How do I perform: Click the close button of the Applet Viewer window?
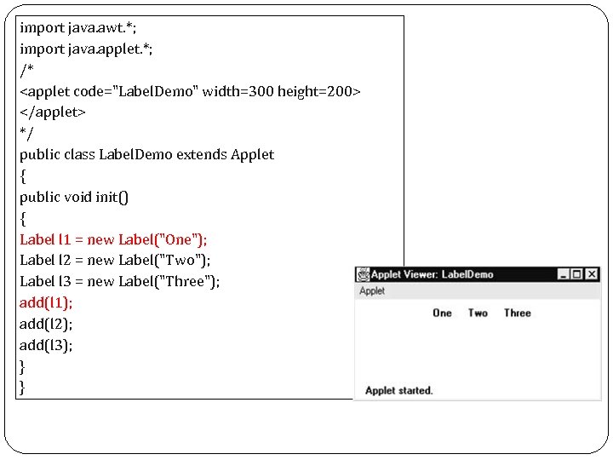coord(592,274)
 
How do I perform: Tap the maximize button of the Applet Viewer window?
coord(577,274)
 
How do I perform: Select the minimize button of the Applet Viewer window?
coord(564,274)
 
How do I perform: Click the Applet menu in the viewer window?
coord(372,291)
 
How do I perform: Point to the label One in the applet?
coord(442,313)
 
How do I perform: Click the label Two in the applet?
coord(478,313)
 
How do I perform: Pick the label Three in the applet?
coord(517,313)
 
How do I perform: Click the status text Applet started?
coord(398,391)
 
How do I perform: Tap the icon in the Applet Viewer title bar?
coord(364,274)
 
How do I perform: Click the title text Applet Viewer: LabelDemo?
coord(433,274)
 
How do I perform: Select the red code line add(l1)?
coord(46,302)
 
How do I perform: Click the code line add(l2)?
coord(46,324)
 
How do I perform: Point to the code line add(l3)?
coord(46,345)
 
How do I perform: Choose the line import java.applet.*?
coord(86,49)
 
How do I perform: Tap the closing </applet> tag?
coord(53,112)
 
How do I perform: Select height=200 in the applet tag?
coord(321,91)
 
